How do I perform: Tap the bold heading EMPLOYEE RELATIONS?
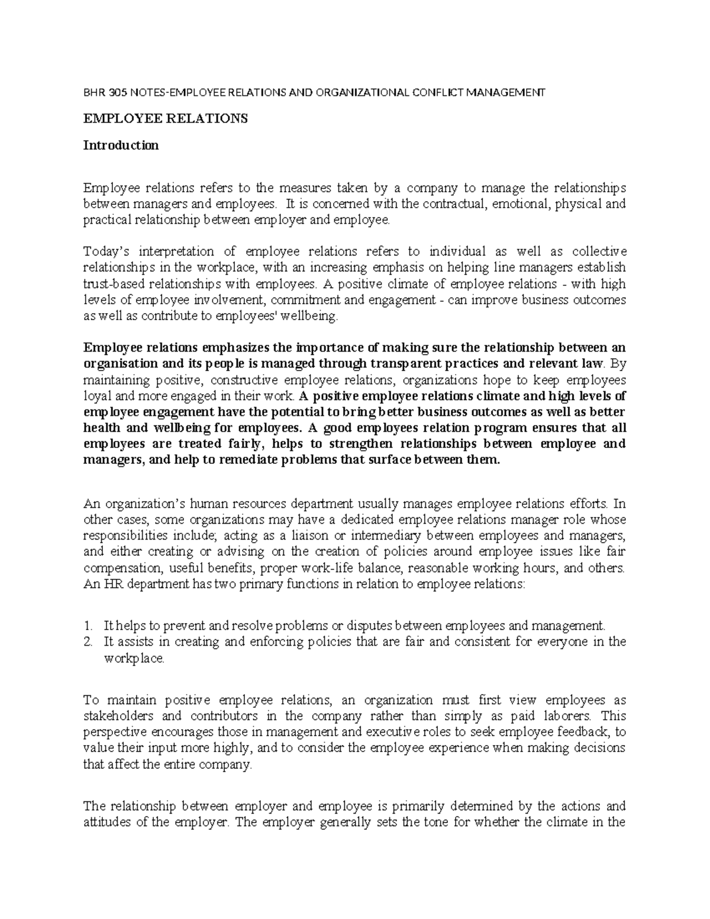(x=165, y=118)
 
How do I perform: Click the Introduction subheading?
(x=121, y=145)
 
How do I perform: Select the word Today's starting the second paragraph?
(x=105, y=251)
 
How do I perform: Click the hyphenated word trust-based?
(x=110, y=283)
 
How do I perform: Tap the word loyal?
(x=95, y=395)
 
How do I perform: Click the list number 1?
(x=88, y=625)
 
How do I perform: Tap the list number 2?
(x=88, y=641)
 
